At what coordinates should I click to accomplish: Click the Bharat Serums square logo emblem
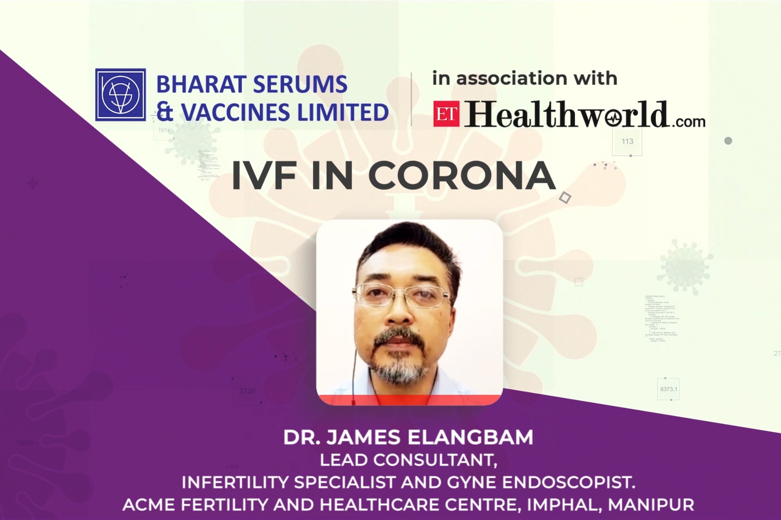[x=120, y=95]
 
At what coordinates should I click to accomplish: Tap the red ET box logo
[x=446, y=114]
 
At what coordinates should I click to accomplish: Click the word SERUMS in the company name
[x=301, y=84]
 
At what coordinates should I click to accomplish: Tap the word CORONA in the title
[x=462, y=176]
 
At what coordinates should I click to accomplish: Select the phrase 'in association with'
[x=524, y=78]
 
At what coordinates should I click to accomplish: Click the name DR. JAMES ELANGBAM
[x=408, y=437]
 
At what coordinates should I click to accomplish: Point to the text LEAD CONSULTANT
[x=408, y=460]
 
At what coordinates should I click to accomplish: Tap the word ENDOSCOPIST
[x=568, y=482]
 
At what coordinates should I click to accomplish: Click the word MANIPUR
[x=651, y=505]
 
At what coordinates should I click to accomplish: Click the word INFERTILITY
[x=235, y=482]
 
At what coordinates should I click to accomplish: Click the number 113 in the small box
[x=627, y=141]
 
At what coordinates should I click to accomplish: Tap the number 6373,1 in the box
[x=668, y=389]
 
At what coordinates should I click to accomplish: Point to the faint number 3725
[x=247, y=391]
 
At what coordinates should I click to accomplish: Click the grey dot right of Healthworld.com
[x=728, y=141]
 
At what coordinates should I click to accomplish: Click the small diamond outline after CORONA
[x=565, y=198]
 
